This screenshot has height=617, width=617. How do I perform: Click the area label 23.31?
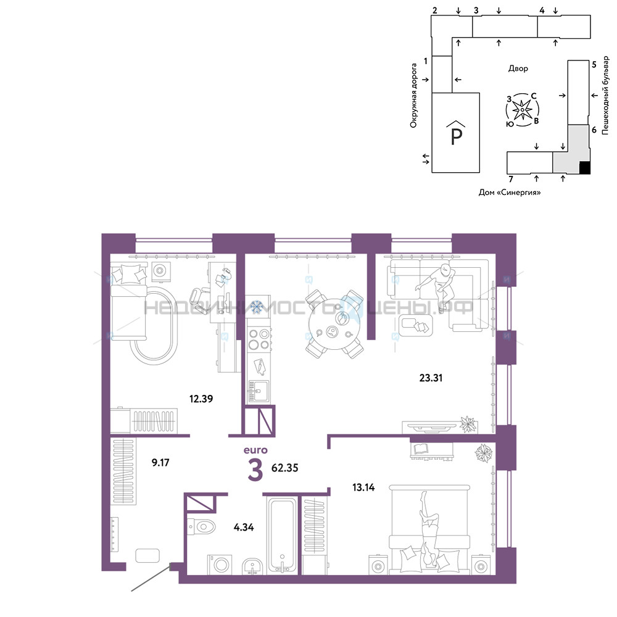click(x=431, y=378)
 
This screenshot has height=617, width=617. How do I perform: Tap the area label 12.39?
click(x=201, y=399)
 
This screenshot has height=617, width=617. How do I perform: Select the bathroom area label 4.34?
click(x=244, y=527)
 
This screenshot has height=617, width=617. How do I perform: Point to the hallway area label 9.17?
click(x=160, y=462)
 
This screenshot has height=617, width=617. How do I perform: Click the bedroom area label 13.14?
click(x=363, y=487)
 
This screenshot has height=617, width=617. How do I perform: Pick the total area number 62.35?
click(x=285, y=468)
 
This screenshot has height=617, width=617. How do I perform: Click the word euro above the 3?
click(x=255, y=450)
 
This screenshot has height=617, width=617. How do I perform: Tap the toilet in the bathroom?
click(x=202, y=526)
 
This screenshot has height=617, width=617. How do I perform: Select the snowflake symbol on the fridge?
click(x=257, y=307)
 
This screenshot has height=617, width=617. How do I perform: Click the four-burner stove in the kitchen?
click(x=259, y=339)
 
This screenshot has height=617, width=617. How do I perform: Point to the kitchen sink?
click(x=258, y=391)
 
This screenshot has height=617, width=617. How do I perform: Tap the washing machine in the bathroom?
click(x=220, y=565)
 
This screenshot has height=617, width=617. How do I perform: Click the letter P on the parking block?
click(x=456, y=136)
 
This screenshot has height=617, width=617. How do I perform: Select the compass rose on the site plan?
click(x=522, y=110)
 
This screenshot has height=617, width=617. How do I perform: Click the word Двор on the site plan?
click(x=518, y=68)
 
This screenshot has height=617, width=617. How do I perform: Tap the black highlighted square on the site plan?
click(x=585, y=167)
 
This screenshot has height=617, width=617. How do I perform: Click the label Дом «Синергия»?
click(x=510, y=193)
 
